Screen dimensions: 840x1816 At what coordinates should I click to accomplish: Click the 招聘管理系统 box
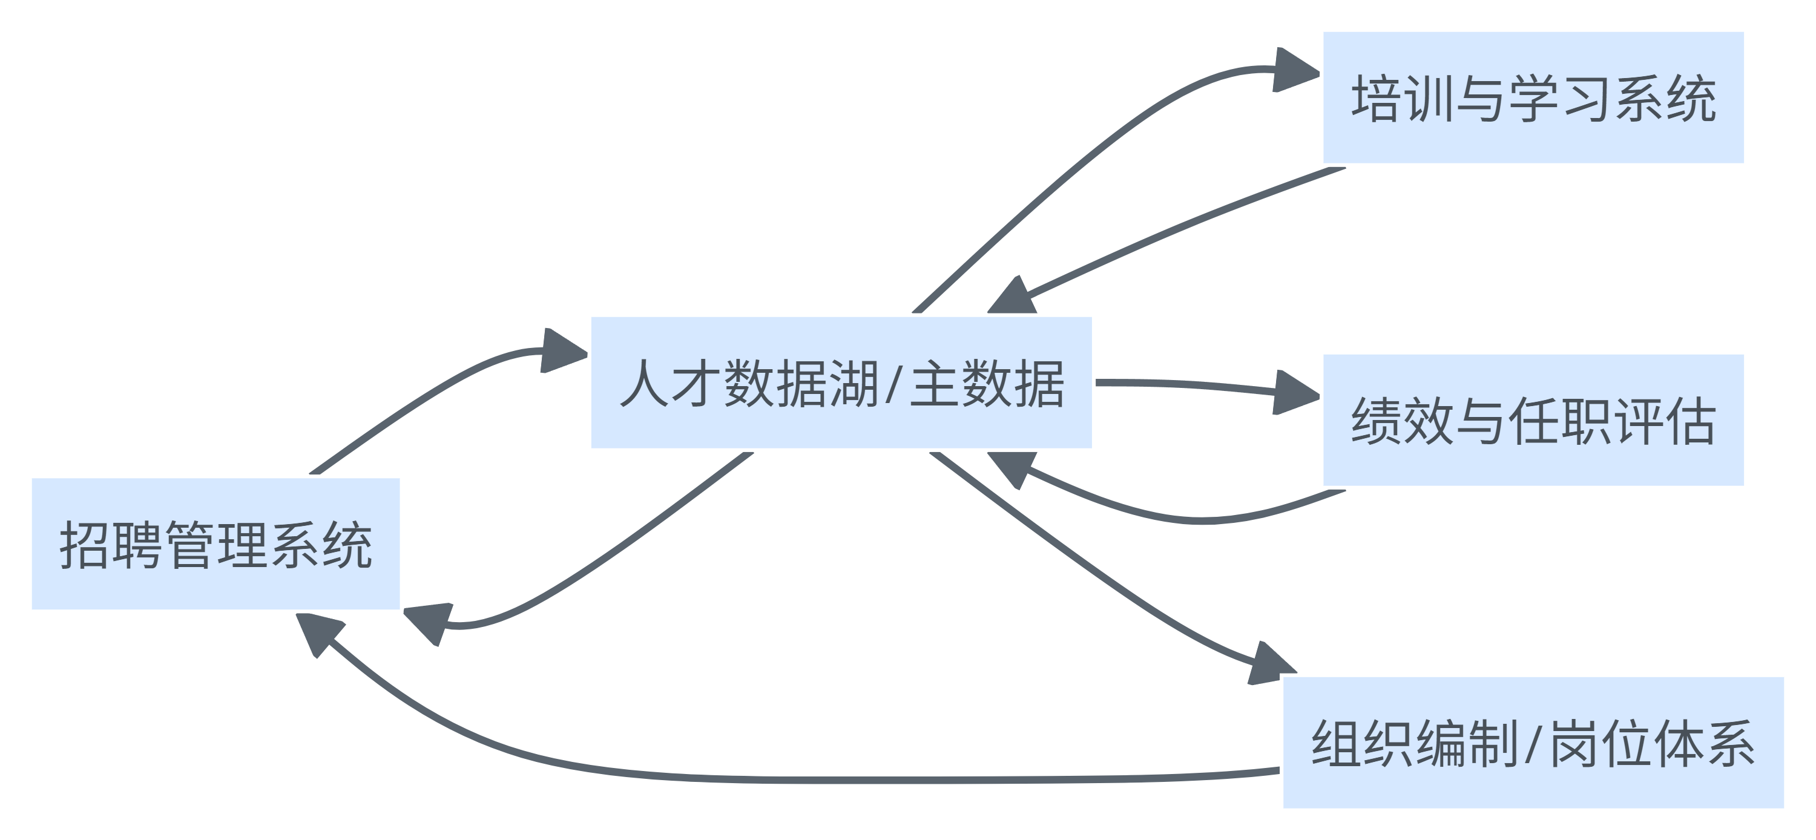tap(215, 544)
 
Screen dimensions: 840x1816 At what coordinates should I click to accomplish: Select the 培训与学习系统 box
tap(1533, 98)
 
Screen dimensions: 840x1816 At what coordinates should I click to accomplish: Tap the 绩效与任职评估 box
tap(1533, 420)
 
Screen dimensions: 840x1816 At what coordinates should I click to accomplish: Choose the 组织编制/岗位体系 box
tap(1533, 743)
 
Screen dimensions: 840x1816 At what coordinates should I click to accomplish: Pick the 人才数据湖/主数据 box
tap(841, 382)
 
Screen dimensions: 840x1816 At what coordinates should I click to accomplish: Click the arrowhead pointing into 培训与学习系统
tap(1296, 70)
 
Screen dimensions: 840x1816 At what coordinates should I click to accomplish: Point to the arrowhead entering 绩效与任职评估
tap(1296, 393)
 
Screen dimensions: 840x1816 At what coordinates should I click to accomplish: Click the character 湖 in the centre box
tap(854, 384)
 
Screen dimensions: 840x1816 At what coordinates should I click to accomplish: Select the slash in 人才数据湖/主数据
tap(894, 384)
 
